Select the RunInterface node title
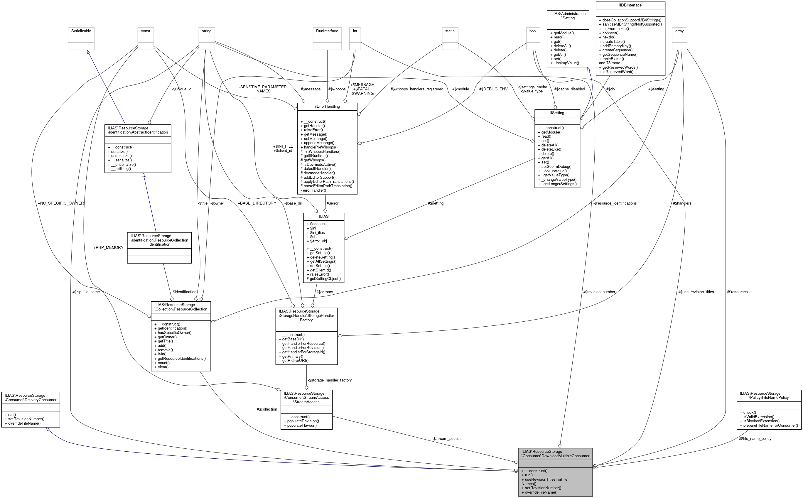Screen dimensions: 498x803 [x=327, y=31]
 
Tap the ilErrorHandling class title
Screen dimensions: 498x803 [x=327, y=107]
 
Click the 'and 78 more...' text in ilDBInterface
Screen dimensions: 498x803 [x=611, y=63]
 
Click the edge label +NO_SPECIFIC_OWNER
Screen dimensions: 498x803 [x=60, y=203]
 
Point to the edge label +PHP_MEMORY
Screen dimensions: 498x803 [x=108, y=248]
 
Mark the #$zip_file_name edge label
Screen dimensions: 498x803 [x=86, y=292]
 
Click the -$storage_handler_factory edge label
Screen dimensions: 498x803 [x=330, y=380]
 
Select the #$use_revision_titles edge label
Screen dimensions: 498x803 [x=696, y=292]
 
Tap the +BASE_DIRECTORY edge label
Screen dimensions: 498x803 [x=257, y=203]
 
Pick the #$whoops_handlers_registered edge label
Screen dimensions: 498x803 [x=417, y=89]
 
